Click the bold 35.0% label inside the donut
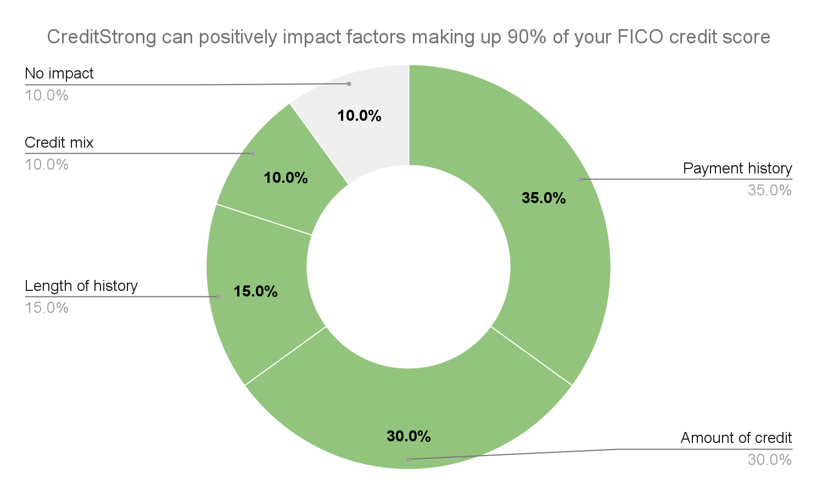544,198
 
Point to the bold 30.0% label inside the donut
408,436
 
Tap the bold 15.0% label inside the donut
255,291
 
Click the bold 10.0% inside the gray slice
359,116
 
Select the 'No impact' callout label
59,74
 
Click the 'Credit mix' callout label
59,143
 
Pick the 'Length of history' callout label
81,286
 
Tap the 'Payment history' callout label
737,169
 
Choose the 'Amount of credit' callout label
736,438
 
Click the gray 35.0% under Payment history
769,190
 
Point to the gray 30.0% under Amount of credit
769,460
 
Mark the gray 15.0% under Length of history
47,308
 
